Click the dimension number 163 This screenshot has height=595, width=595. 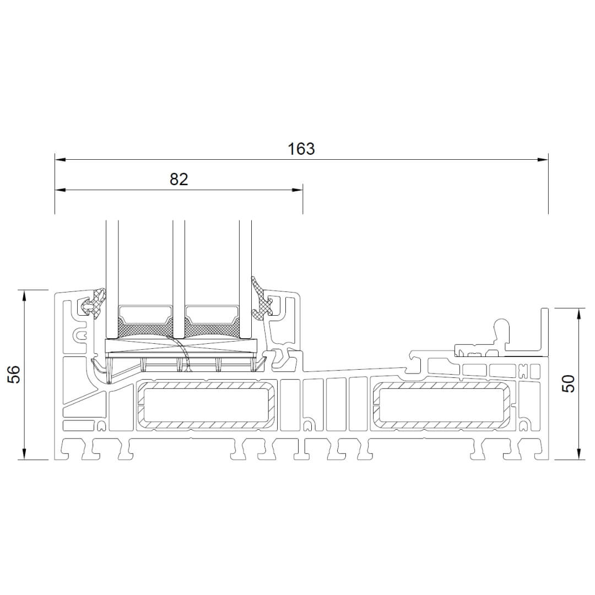[x=301, y=149]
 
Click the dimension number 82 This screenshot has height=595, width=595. [x=178, y=179]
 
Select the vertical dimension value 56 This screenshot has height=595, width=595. [x=14, y=375]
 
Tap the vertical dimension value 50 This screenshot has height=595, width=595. [x=570, y=383]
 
